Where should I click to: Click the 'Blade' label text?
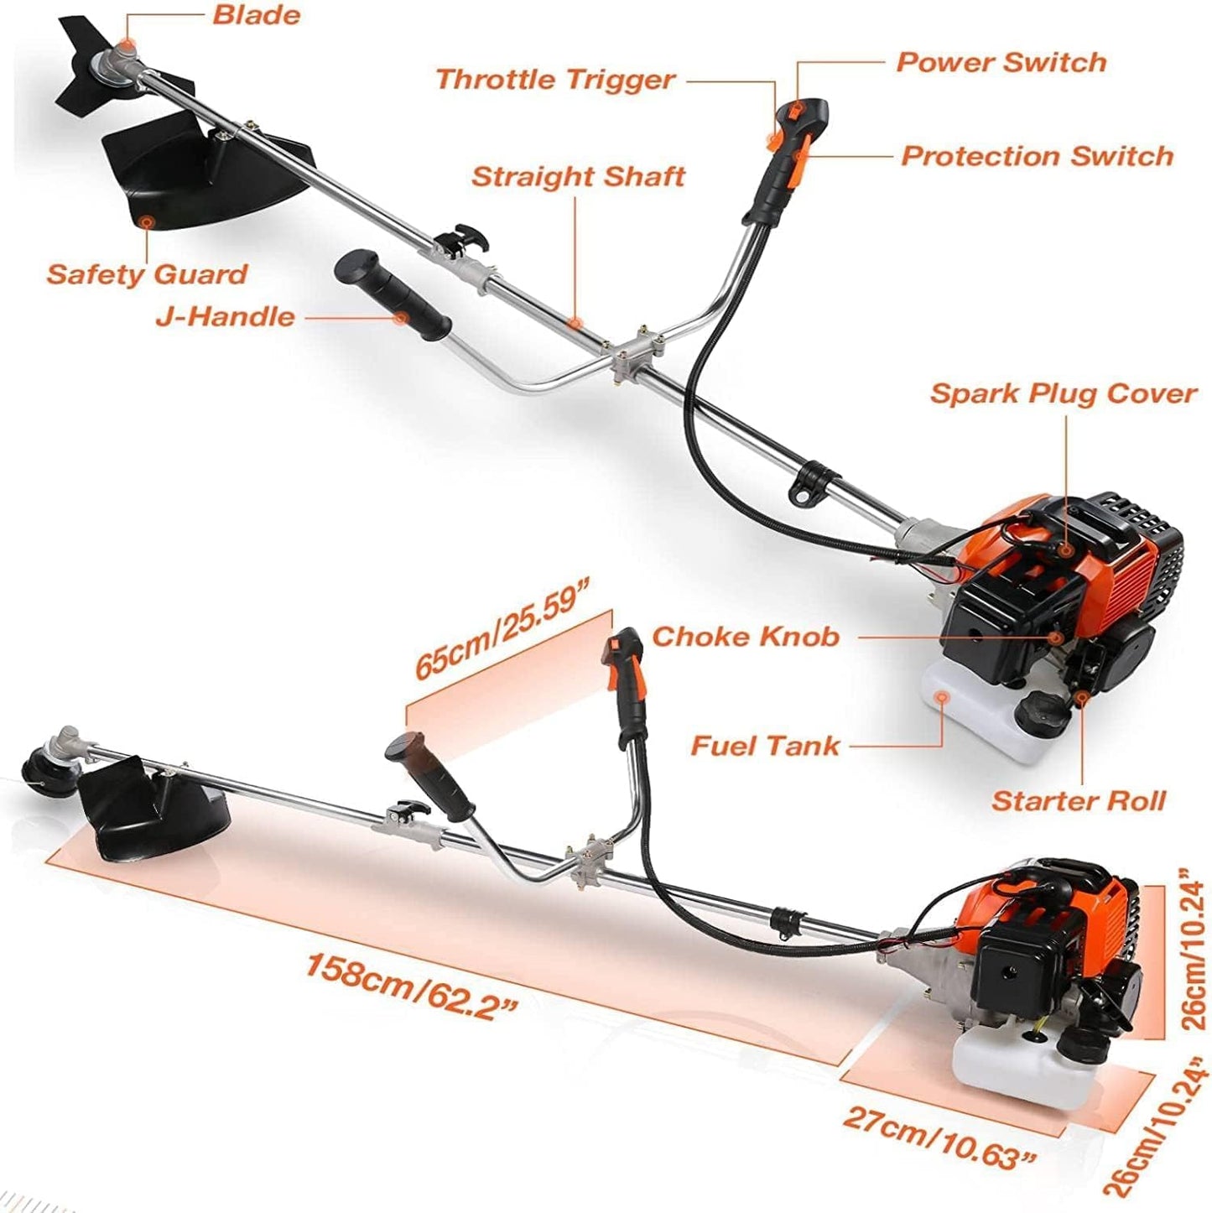coord(256,16)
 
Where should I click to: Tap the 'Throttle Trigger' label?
coord(555,80)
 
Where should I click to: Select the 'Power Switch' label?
coord(1001,62)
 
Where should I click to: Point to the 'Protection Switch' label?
coord(1037,156)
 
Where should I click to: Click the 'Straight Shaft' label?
coord(578,177)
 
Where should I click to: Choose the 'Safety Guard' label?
coord(147,274)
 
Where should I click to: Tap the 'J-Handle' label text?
coord(226,317)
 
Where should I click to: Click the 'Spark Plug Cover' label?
coord(1063,393)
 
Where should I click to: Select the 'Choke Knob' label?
coord(746,637)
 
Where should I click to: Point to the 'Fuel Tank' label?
coord(765,745)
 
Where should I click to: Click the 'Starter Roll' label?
coord(1079,800)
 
